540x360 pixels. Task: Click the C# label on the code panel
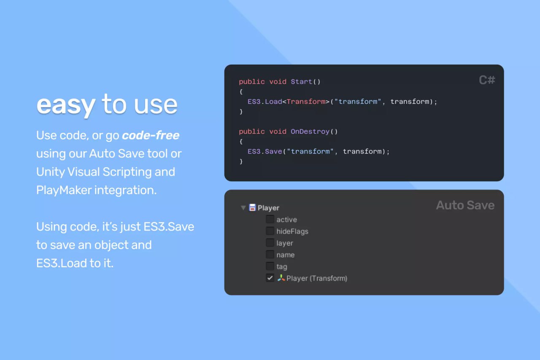click(x=487, y=80)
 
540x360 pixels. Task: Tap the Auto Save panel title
click(x=465, y=205)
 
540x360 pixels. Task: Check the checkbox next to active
click(x=270, y=219)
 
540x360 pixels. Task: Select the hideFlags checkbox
click(x=270, y=231)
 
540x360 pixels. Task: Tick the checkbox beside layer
click(x=270, y=243)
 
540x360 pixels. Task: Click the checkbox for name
click(x=270, y=254)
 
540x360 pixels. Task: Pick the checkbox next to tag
click(x=270, y=266)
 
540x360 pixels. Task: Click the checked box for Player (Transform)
click(x=270, y=278)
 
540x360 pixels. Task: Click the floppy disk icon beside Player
click(x=252, y=207)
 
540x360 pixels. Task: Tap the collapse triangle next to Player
click(x=243, y=208)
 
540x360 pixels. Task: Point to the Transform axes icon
click(x=281, y=278)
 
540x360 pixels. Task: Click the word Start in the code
click(x=301, y=81)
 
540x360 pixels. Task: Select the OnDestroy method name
click(x=310, y=131)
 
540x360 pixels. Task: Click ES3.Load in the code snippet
click(x=265, y=102)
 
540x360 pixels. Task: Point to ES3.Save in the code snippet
click(x=265, y=151)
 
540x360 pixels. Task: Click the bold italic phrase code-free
click(x=151, y=135)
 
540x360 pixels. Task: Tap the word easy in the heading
click(x=65, y=105)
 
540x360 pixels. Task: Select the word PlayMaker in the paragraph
click(x=64, y=190)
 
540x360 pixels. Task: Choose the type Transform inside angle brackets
click(x=306, y=102)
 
